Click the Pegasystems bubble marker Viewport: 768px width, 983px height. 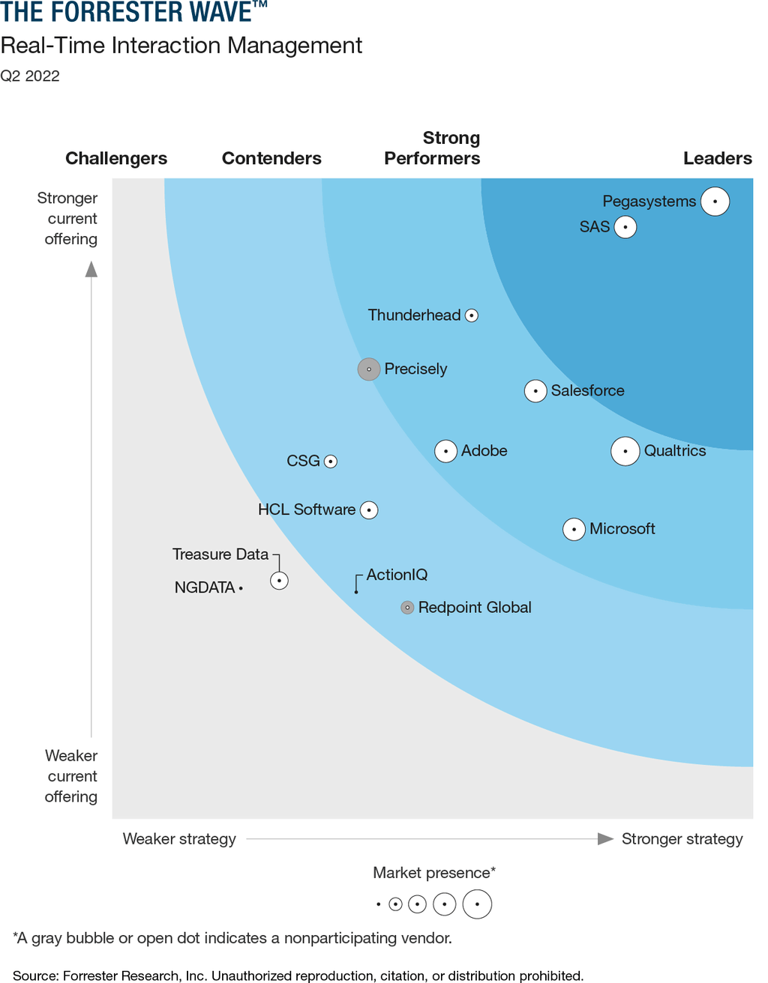click(715, 202)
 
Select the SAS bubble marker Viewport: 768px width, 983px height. click(625, 227)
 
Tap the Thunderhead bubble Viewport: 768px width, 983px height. click(472, 315)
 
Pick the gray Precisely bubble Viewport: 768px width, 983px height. click(369, 369)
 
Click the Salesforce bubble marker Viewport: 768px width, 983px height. click(535, 391)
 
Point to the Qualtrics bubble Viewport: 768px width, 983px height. click(625, 451)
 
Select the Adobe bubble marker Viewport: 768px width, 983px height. click(446, 451)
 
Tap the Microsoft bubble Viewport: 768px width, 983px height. click(574, 529)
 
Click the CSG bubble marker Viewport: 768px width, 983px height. click(330, 462)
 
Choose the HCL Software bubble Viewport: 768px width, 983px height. click(369, 510)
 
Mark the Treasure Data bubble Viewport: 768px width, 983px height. click(279, 581)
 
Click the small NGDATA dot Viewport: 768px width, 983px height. click(241, 589)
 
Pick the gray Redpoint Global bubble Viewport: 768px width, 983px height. click(407, 608)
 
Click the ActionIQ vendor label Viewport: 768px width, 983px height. click(397, 575)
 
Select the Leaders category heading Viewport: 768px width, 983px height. click(717, 158)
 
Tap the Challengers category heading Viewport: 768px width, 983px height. click(116, 158)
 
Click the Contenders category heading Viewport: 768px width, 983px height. click(271, 158)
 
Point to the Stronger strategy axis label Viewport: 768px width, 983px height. click(682, 839)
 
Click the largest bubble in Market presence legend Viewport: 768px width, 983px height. click(477, 904)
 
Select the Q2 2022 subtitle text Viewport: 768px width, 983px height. click(30, 76)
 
